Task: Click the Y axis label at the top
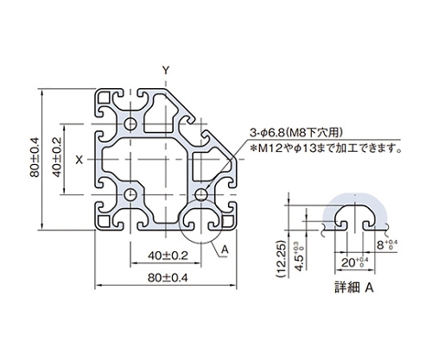click(x=165, y=70)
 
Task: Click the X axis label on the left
click(x=79, y=160)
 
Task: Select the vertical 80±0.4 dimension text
click(x=35, y=157)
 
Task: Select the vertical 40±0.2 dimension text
click(x=57, y=157)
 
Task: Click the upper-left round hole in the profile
click(x=130, y=124)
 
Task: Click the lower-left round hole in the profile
click(x=130, y=195)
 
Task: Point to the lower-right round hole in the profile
click(x=200, y=195)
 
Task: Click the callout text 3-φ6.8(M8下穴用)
click(x=296, y=133)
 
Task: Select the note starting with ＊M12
click(x=326, y=148)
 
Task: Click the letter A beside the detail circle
click(x=225, y=249)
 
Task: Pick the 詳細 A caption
click(x=354, y=287)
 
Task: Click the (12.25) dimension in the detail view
click(x=282, y=258)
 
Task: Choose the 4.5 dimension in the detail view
click(x=300, y=256)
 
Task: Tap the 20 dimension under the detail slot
click(x=354, y=262)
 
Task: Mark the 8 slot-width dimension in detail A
click(x=387, y=245)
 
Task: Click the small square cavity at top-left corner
click(x=104, y=98)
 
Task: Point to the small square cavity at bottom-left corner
click(x=104, y=221)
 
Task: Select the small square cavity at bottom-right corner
click(x=228, y=221)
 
